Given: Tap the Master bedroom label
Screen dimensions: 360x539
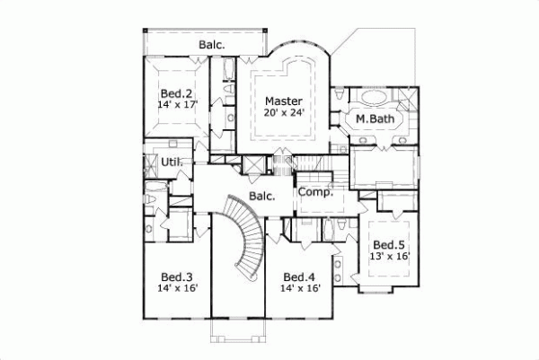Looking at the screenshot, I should tap(283, 101).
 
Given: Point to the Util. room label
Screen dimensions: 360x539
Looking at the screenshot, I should tap(172, 162).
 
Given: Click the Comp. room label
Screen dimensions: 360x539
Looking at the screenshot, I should tap(315, 192).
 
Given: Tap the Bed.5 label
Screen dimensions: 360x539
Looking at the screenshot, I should tap(389, 244).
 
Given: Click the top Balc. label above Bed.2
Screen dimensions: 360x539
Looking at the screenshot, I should tap(212, 43).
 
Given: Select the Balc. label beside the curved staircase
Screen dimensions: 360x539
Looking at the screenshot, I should tap(261, 197).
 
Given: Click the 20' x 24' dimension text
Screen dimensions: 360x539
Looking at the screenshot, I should tap(283, 113).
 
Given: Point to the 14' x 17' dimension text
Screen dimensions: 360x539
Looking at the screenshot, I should tap(177, 105).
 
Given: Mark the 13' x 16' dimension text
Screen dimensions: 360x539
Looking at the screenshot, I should tap(389, 256).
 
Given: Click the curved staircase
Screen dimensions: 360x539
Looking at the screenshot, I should tap(243, 238).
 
